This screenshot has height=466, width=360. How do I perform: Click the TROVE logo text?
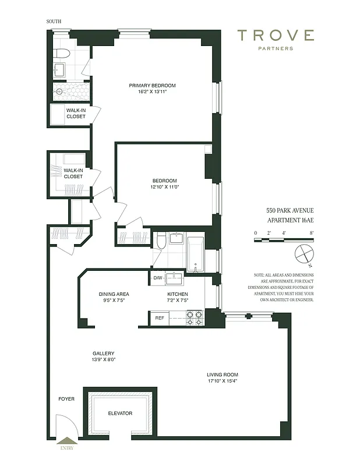276,36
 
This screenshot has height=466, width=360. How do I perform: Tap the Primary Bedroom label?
152,86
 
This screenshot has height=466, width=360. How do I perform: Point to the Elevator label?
120,414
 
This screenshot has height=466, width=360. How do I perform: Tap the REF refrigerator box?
160,318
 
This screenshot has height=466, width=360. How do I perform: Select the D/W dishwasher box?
157,278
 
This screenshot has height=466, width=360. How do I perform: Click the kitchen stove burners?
193,318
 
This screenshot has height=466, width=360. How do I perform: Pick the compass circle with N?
305,255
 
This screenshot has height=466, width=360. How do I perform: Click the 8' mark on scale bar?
312,232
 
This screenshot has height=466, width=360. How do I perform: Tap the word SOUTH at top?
54,22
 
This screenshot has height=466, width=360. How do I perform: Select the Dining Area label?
114,294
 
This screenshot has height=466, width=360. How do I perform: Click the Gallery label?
103,354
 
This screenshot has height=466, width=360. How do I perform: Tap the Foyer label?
66,399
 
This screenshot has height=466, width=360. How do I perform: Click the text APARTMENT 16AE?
290,221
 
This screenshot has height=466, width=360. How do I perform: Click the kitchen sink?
175,277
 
